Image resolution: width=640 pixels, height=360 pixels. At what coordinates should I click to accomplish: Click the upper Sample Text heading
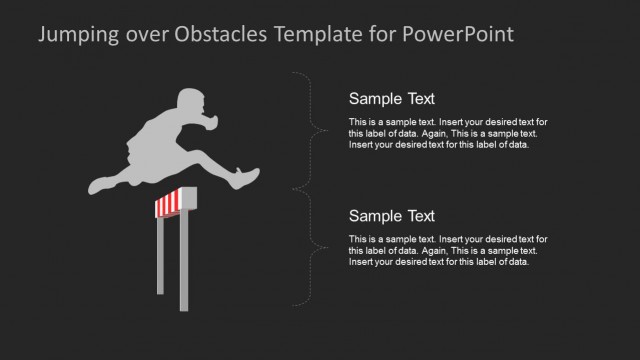(391, 98)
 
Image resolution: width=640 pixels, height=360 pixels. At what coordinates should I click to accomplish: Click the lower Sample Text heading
(391, 215)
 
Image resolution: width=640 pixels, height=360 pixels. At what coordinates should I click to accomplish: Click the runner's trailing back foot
(100, 185)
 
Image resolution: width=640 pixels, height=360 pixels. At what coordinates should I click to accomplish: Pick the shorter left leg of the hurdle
(159, 255)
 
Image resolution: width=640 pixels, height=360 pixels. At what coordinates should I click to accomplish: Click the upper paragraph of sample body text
(448, 133)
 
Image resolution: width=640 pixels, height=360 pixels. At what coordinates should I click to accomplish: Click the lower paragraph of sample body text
(448, 250)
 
